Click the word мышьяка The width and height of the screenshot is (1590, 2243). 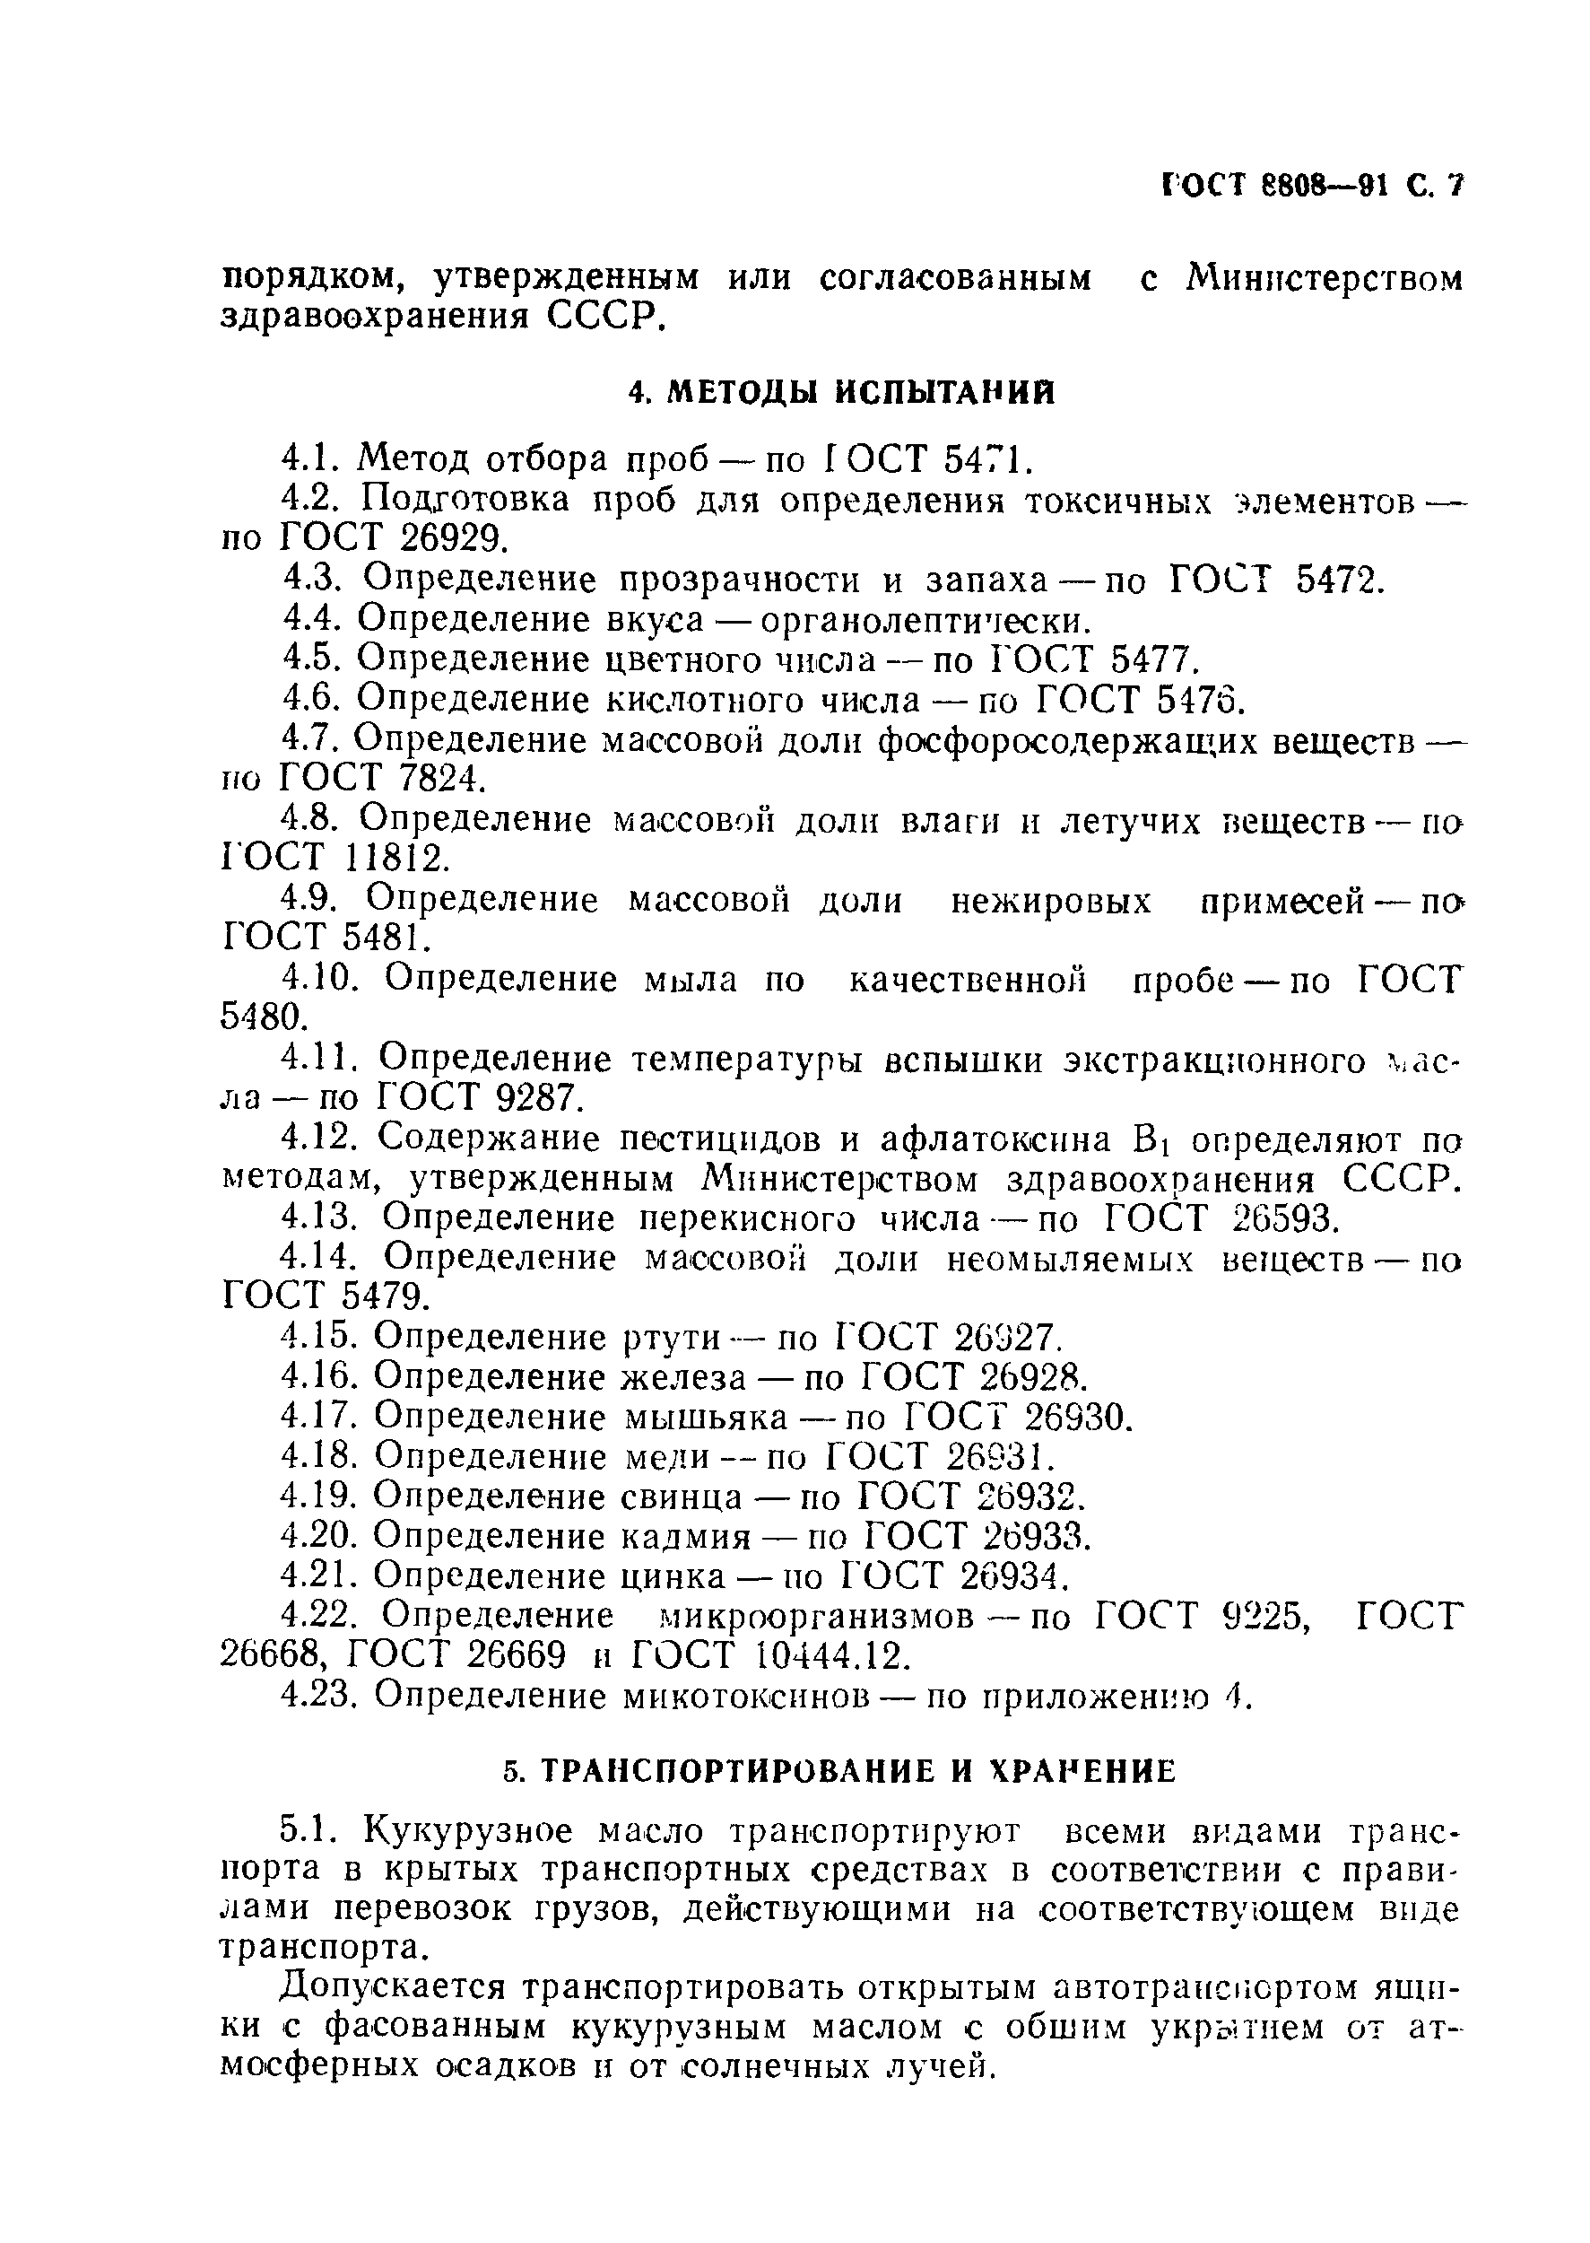[x=705, y=1418]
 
